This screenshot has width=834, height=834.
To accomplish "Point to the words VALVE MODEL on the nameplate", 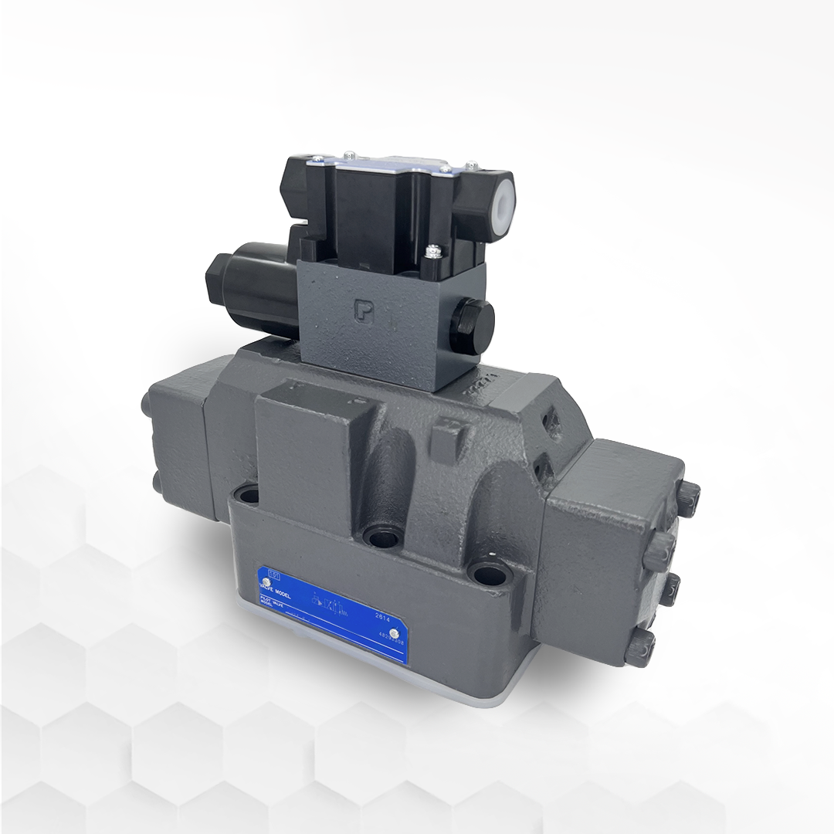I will point(281,588).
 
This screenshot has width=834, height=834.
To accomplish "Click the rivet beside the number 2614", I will point(395,634).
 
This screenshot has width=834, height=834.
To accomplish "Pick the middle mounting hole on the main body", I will point(378,536).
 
